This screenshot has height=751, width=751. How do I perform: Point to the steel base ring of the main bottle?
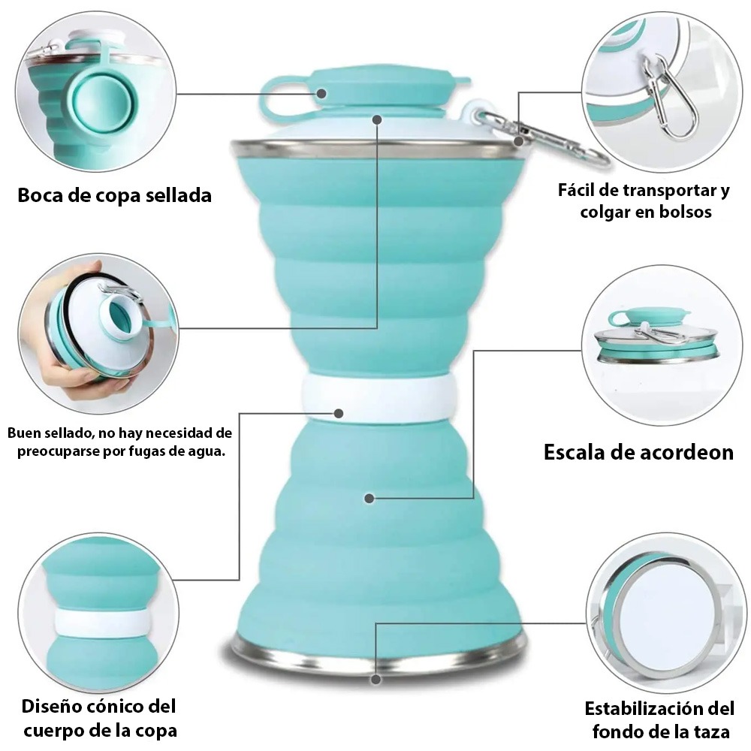379,655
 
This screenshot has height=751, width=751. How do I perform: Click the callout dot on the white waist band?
339,413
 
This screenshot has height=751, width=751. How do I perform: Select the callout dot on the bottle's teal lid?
321,93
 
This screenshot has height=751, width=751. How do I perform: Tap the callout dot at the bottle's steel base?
376,679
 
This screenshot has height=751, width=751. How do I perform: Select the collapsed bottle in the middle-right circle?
656,335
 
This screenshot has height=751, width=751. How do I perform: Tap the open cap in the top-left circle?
103,104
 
